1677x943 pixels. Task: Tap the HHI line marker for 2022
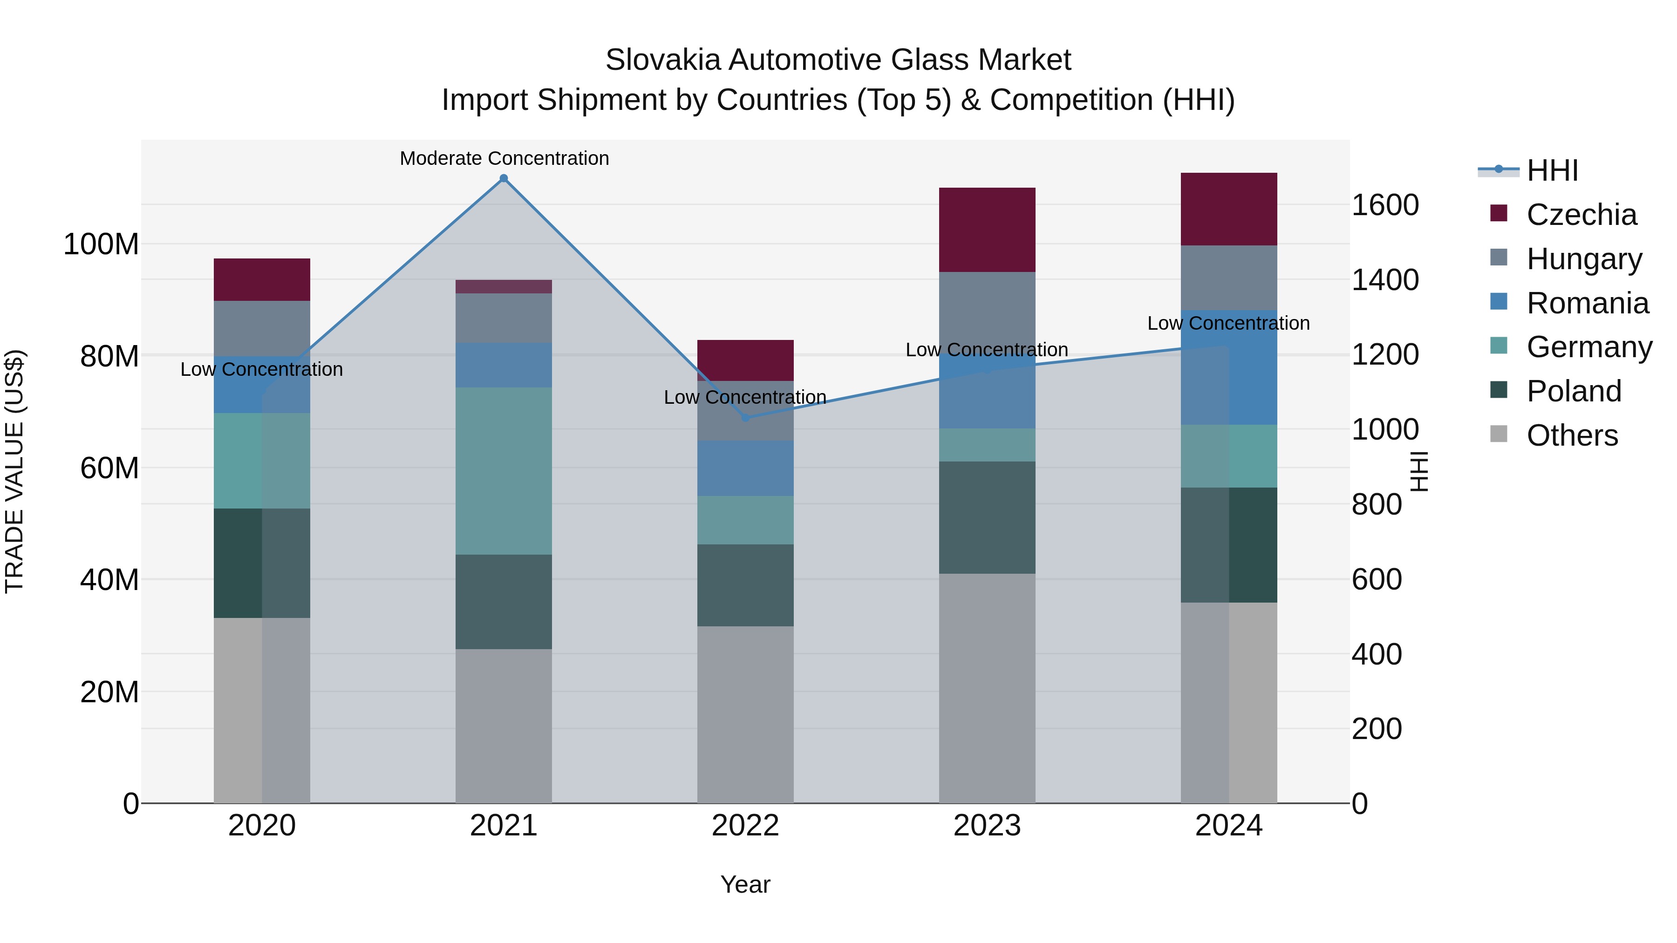(745, 417)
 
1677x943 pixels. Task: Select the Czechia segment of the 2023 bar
(987, 230)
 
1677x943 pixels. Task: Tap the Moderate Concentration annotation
(504, 158)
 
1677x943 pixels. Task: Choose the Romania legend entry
(1587, 303)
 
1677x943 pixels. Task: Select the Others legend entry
(1572, 435)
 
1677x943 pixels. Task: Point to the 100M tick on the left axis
(101, 244)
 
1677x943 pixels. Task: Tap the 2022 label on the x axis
(745, 826)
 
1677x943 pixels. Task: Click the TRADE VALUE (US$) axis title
(14, 471)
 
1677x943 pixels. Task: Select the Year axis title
(745, 884)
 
